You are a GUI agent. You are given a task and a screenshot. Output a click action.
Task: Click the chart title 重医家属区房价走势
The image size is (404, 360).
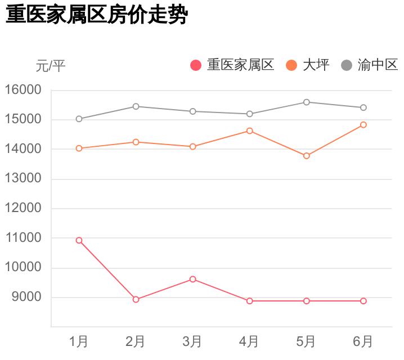tap(96, 15)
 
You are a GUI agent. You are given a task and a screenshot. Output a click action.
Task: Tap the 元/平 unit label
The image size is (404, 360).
tap(51, 66)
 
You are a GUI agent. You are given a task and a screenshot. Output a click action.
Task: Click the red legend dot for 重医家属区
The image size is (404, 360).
tap(196, 65)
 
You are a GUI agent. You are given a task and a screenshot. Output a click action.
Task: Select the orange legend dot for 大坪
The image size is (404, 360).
tap(291, 65)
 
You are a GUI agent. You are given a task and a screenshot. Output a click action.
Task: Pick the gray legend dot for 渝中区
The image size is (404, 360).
tap(347, 65)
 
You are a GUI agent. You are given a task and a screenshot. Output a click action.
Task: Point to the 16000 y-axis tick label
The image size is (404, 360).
tap(23, 90)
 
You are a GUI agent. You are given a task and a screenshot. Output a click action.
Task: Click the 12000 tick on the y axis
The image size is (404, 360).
tap(23, 208)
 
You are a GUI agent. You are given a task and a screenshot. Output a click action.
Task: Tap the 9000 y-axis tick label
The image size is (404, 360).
tap(26, 297)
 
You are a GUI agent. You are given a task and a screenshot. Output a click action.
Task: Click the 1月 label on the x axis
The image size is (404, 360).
tap(79, 341)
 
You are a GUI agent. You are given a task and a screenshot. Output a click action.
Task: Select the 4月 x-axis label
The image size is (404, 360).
tap(249, 341)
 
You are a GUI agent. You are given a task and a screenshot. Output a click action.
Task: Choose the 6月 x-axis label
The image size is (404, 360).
tap(363, 341)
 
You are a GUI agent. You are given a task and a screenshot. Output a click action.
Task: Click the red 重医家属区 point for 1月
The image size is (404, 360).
tap(79, 240)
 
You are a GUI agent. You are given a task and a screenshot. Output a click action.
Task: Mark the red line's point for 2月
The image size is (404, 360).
tap(136, 299)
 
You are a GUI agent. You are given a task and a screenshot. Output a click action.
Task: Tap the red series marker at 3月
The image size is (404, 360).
tap(193, 279)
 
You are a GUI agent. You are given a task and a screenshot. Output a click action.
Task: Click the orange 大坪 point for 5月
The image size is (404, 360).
tap(307, 156)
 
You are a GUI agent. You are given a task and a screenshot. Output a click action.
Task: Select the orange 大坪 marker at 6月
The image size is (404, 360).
tap(363, 125)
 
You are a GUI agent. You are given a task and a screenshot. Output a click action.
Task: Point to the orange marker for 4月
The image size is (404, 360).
tap(250, 131)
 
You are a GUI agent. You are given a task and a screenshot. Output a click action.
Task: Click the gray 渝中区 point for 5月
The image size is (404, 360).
tap(307, 102)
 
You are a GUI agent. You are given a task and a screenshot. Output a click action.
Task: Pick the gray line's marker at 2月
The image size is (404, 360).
tap(136, 106)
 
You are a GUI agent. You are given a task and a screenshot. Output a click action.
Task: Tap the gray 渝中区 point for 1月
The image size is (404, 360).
tap(79, 119)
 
